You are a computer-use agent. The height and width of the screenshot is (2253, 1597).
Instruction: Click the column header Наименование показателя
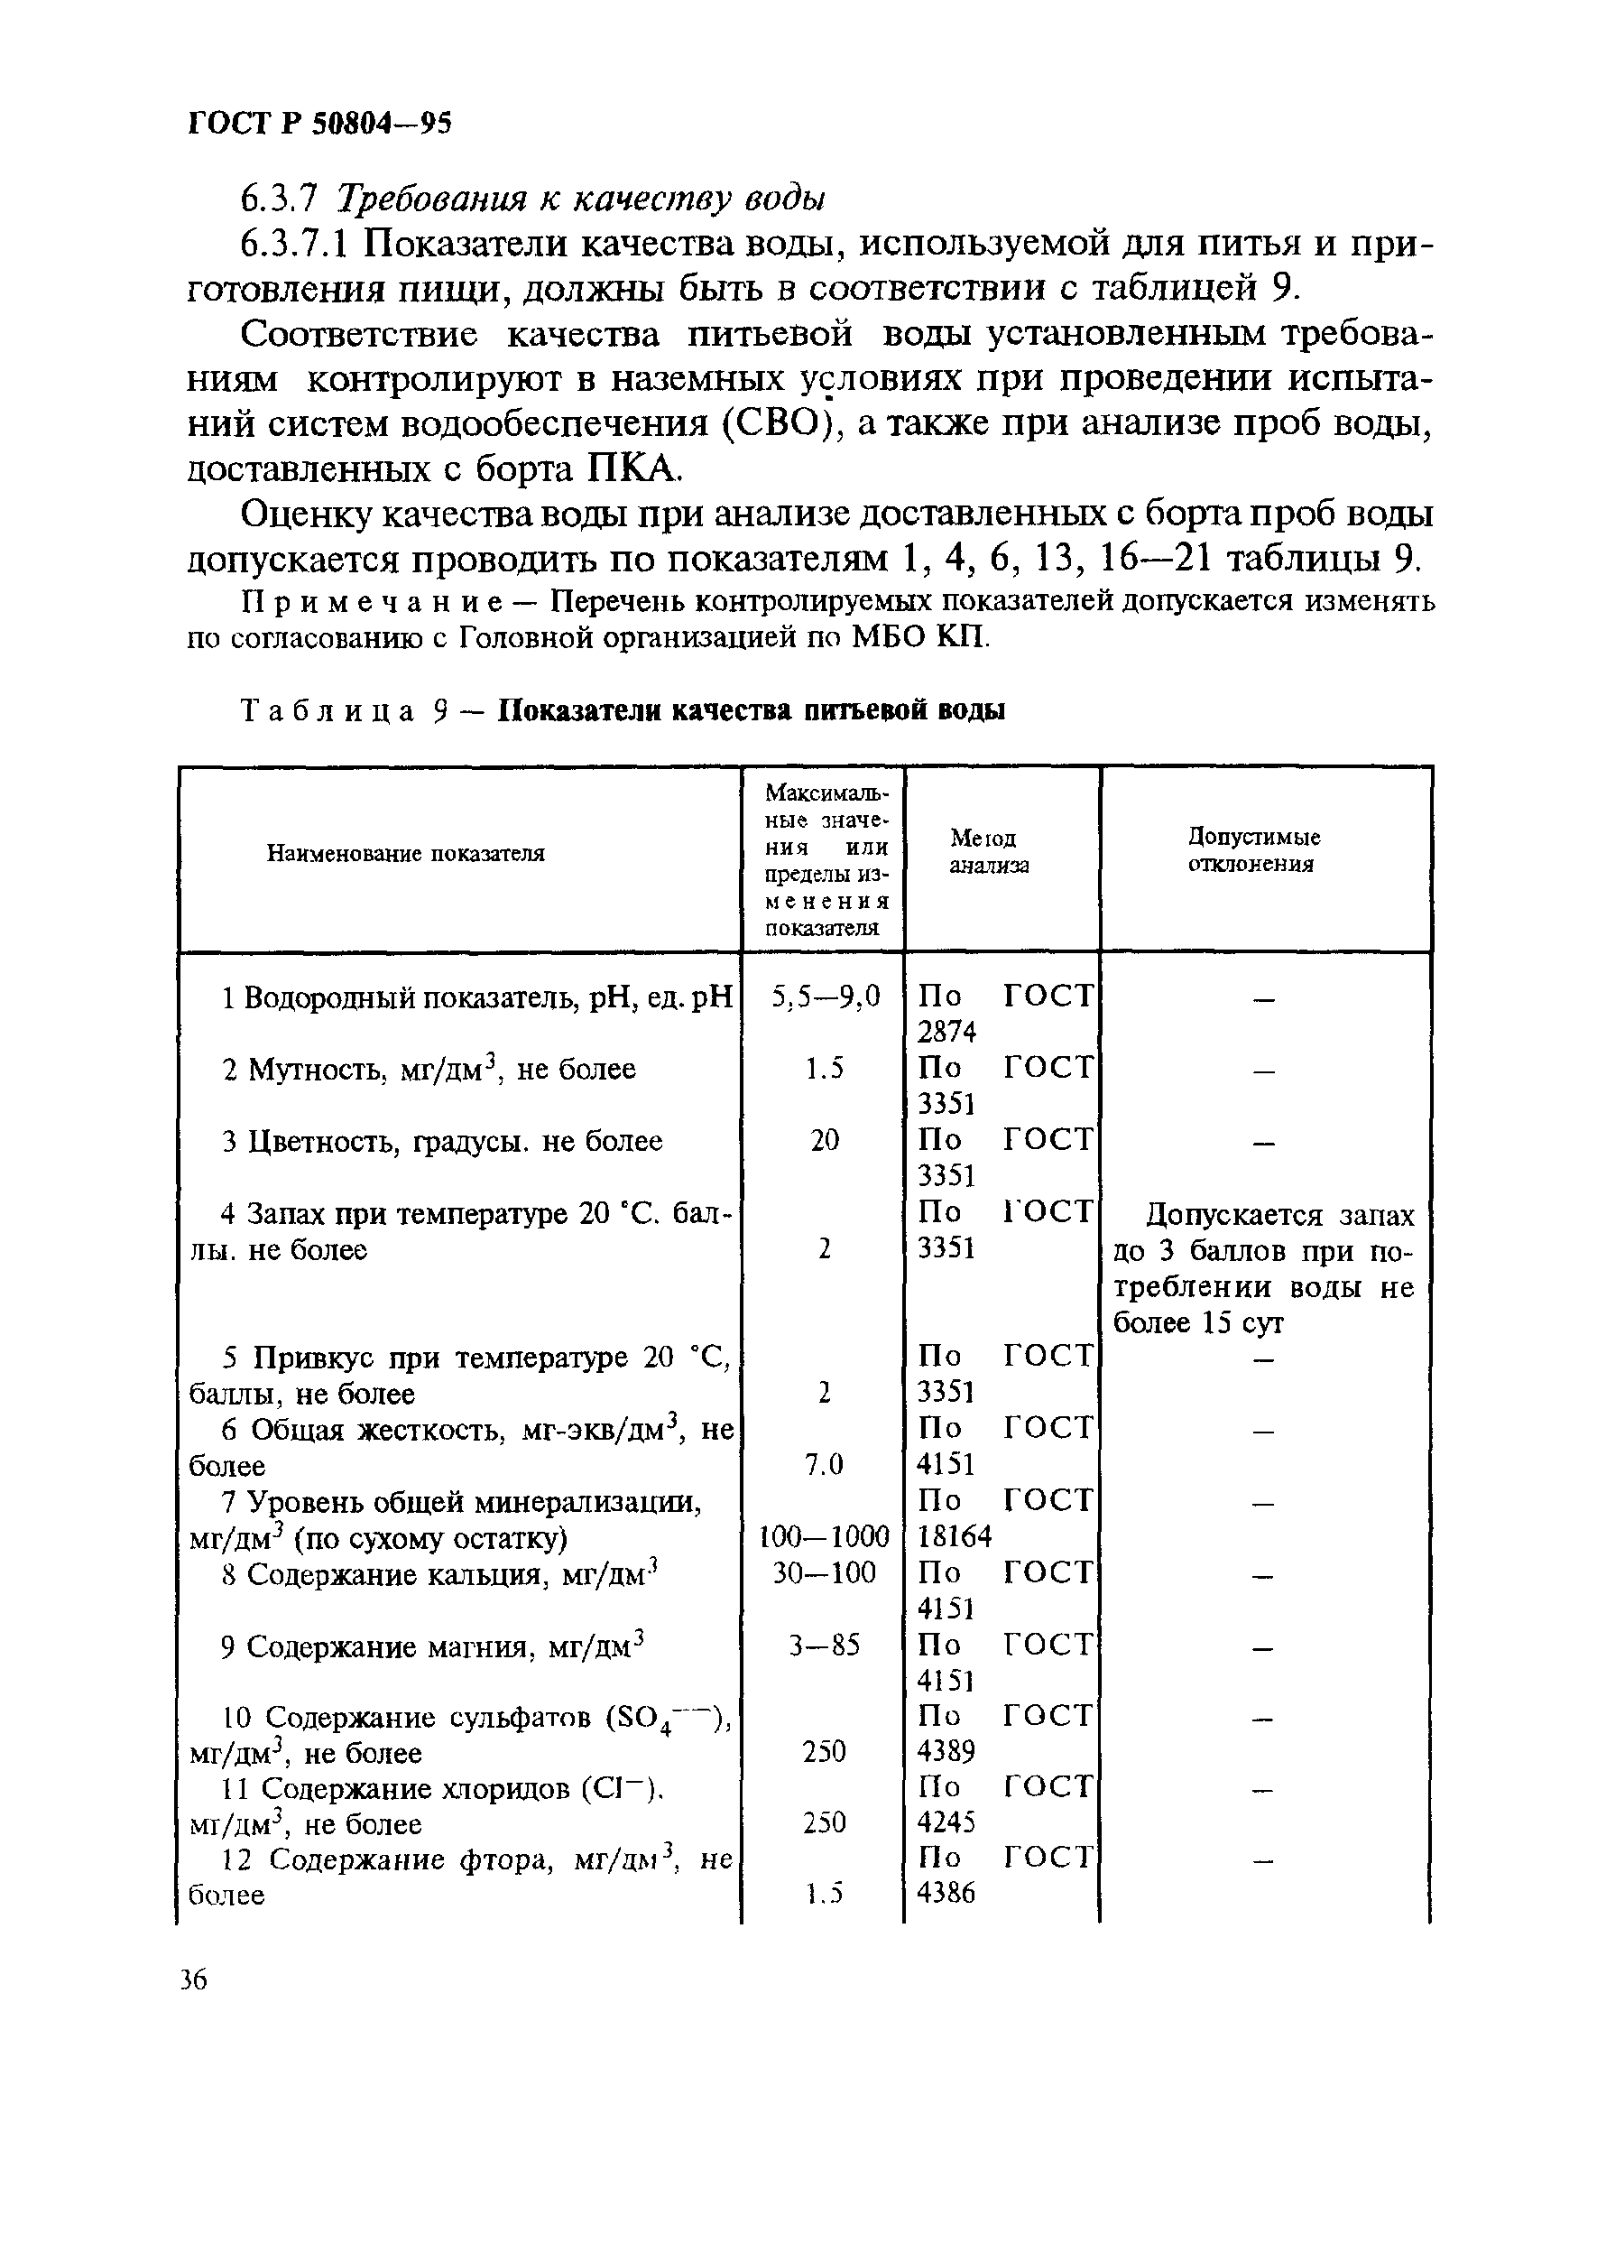(405, 853)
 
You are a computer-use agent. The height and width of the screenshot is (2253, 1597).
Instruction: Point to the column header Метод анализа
(988, 851)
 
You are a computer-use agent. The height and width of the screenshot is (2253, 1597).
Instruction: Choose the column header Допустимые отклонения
(1253, 850)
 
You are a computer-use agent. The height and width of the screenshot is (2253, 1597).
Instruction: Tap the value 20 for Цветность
(824, 1140)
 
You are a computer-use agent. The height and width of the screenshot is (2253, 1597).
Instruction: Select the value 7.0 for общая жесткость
(824, 1465)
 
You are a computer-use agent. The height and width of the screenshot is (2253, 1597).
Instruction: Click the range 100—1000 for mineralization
(824, 1537)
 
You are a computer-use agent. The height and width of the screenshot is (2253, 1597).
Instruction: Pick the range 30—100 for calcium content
(824, 1573)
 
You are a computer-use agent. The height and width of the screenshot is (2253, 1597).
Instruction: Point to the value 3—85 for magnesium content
(824, 1645)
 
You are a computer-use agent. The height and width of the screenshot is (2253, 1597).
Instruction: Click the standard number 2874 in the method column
(946, 1032)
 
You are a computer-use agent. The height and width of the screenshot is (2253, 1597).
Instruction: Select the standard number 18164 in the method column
(954, 1537)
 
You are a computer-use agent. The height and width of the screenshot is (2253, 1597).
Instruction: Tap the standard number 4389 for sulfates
(946, 1752)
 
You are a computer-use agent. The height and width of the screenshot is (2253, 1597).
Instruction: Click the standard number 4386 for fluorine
(946, 1894)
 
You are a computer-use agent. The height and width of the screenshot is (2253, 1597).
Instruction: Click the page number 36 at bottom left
(194, 1979)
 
